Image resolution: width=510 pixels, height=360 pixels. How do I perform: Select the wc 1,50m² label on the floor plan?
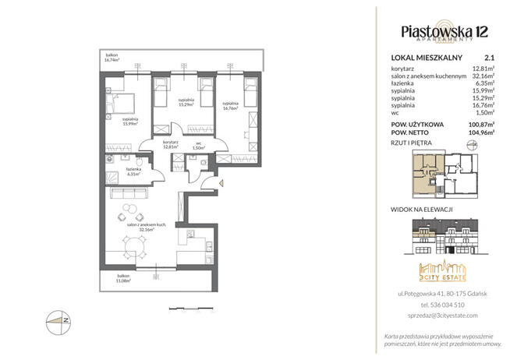point(199,146)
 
